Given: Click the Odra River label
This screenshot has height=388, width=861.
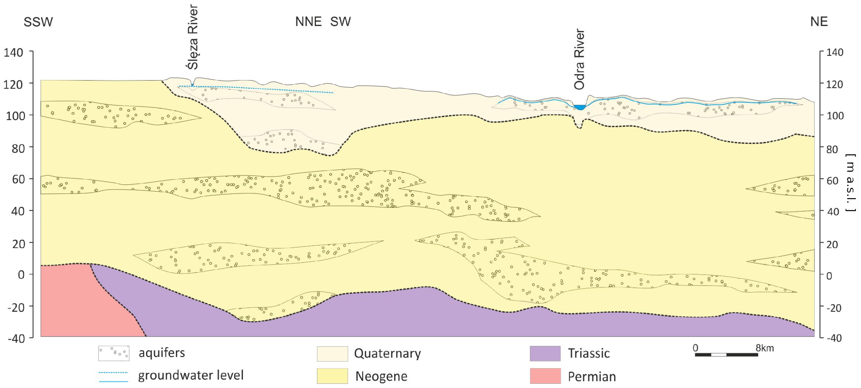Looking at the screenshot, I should (x=579, y=60).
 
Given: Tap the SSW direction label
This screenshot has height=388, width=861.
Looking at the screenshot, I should (x=38, y=22).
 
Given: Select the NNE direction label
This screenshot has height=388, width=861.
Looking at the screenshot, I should (x=308, y=22).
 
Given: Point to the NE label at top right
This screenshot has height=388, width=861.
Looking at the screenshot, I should (x=819, y=22).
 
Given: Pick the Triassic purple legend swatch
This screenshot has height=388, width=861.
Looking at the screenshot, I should (x=545, y=353).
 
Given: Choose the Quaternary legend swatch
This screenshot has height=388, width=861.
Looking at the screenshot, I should (x=332, y=353).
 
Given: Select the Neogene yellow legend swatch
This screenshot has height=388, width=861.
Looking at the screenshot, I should (x=332, y=376).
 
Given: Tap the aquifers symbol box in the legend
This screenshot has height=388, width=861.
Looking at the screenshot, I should (x=114, y=353).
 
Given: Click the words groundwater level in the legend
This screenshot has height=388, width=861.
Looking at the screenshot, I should (x=191, y=375).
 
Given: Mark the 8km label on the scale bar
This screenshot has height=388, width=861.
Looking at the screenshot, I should (x=764, y=348).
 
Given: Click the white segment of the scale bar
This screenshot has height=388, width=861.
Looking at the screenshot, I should (x=719, y=355).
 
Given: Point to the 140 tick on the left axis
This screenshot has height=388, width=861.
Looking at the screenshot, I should (x=13, y=53).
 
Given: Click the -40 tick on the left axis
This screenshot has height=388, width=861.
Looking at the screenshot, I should (x=16, y=338).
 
